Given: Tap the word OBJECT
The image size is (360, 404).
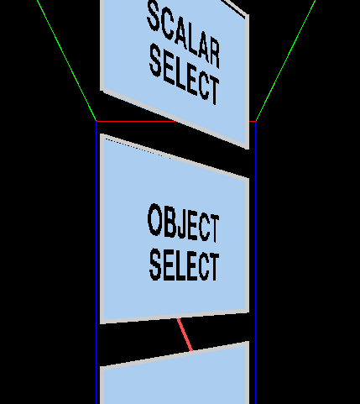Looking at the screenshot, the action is pos(183,223).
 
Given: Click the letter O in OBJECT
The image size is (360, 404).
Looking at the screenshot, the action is pos(155,219).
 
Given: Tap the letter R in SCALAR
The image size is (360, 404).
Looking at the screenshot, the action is pos(214,53).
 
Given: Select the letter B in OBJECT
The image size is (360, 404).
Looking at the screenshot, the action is pos(170,222).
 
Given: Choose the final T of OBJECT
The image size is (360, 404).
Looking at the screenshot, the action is pos(214,228).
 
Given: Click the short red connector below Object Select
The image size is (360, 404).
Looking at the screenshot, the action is pos(185,334).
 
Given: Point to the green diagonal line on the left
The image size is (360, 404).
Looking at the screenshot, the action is pos(66,60).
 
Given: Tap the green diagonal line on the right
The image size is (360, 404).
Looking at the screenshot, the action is pos(286,60).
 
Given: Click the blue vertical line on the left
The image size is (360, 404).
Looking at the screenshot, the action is pos(97,263).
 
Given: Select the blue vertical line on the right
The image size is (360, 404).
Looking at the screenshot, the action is pos(255,263).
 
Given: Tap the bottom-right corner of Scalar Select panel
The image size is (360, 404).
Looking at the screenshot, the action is pos(248,149).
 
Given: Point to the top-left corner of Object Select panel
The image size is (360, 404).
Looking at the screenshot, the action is pos(101,134).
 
